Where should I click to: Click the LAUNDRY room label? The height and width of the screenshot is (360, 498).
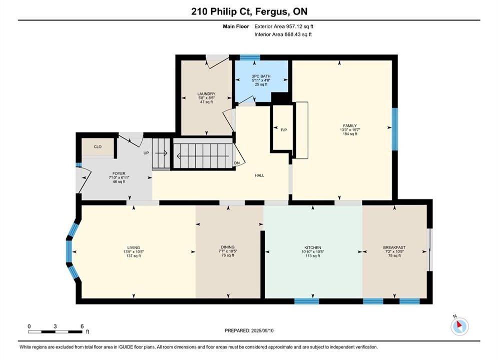206,94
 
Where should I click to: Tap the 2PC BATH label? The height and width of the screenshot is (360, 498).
261,76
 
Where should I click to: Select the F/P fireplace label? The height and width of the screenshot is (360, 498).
284,130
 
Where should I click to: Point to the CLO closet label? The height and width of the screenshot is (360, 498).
98,147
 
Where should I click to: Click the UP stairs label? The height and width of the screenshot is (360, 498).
146,153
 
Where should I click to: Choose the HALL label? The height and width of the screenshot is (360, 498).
259,175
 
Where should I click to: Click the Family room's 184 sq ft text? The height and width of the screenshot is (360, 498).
350,134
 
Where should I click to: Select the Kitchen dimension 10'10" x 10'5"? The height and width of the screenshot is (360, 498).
313,251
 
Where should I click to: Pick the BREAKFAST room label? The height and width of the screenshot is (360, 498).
394,247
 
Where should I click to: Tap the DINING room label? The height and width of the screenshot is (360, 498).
228,247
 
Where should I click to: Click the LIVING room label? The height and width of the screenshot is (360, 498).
134,247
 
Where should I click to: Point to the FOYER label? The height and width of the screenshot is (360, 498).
119,174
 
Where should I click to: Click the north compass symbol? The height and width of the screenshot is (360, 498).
459,325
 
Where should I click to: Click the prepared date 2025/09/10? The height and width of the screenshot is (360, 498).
262,330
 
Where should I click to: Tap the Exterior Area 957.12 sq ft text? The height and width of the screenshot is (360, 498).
284,26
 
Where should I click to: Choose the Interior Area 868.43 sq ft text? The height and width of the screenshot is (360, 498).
283,34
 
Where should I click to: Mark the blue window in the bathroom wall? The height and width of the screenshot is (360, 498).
250,57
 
